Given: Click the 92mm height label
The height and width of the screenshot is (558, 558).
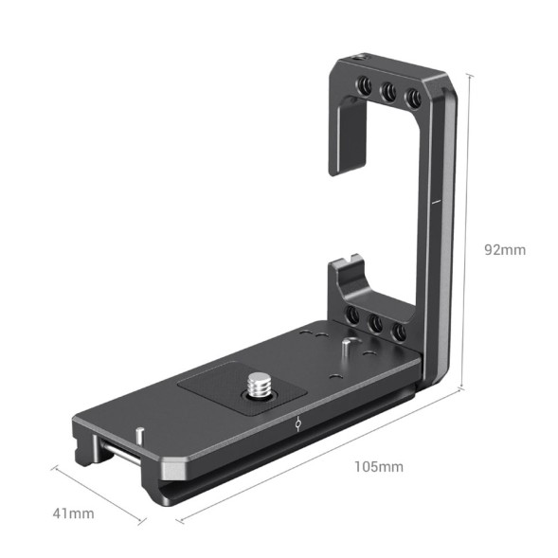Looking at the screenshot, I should [x=503, y=250].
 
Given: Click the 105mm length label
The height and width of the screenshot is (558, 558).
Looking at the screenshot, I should [x=378, y=466].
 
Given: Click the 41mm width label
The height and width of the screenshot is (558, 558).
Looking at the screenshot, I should [x=73, y=513].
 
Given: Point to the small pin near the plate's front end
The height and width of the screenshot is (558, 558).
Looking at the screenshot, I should [x=140, y=435].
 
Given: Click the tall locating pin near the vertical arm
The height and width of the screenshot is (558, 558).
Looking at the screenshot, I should [x=351, y=346].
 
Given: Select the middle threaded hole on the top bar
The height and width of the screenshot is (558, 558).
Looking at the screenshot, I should [x=388, y=94].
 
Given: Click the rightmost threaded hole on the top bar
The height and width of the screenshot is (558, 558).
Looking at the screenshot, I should [x=412, y=98].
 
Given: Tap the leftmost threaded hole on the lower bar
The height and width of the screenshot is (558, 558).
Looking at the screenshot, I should [x=351, y=316].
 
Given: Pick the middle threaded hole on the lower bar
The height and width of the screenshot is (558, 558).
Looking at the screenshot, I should [x=376, y=324].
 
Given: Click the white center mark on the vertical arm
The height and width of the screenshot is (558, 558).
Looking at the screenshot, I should [x=431, y=201].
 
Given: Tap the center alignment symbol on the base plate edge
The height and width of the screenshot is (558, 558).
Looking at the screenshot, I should [x=297, y=423].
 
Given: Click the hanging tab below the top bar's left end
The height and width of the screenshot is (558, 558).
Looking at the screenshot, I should [x=343, y=142].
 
